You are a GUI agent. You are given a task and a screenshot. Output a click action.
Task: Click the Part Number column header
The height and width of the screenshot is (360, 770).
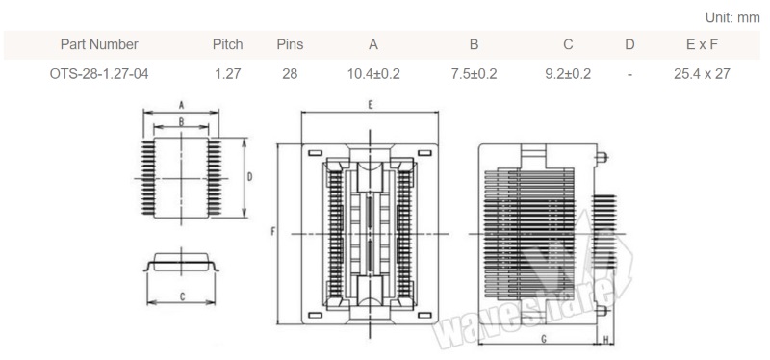coord(99,44)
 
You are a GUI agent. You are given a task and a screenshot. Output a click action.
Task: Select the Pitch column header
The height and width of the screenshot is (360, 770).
coord(228,44)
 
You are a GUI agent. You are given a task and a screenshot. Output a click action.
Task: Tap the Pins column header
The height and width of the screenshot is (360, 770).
coord(290,44)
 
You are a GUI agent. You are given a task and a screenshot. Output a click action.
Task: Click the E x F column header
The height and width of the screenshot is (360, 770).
coord(702,44)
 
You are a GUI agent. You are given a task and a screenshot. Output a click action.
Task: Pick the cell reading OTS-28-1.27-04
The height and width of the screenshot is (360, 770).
coord(99,74)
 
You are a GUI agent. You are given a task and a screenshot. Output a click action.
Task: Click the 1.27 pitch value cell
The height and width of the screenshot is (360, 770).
coord(228,74)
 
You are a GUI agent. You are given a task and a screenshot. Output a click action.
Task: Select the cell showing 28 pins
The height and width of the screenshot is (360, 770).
coord(290,74)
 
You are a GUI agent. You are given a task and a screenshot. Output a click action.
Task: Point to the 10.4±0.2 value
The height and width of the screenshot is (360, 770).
coord(373,74)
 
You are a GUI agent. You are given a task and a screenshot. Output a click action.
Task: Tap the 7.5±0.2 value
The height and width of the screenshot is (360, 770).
coord(474,74)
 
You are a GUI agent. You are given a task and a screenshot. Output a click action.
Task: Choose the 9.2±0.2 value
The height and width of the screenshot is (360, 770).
coord(568,74)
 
